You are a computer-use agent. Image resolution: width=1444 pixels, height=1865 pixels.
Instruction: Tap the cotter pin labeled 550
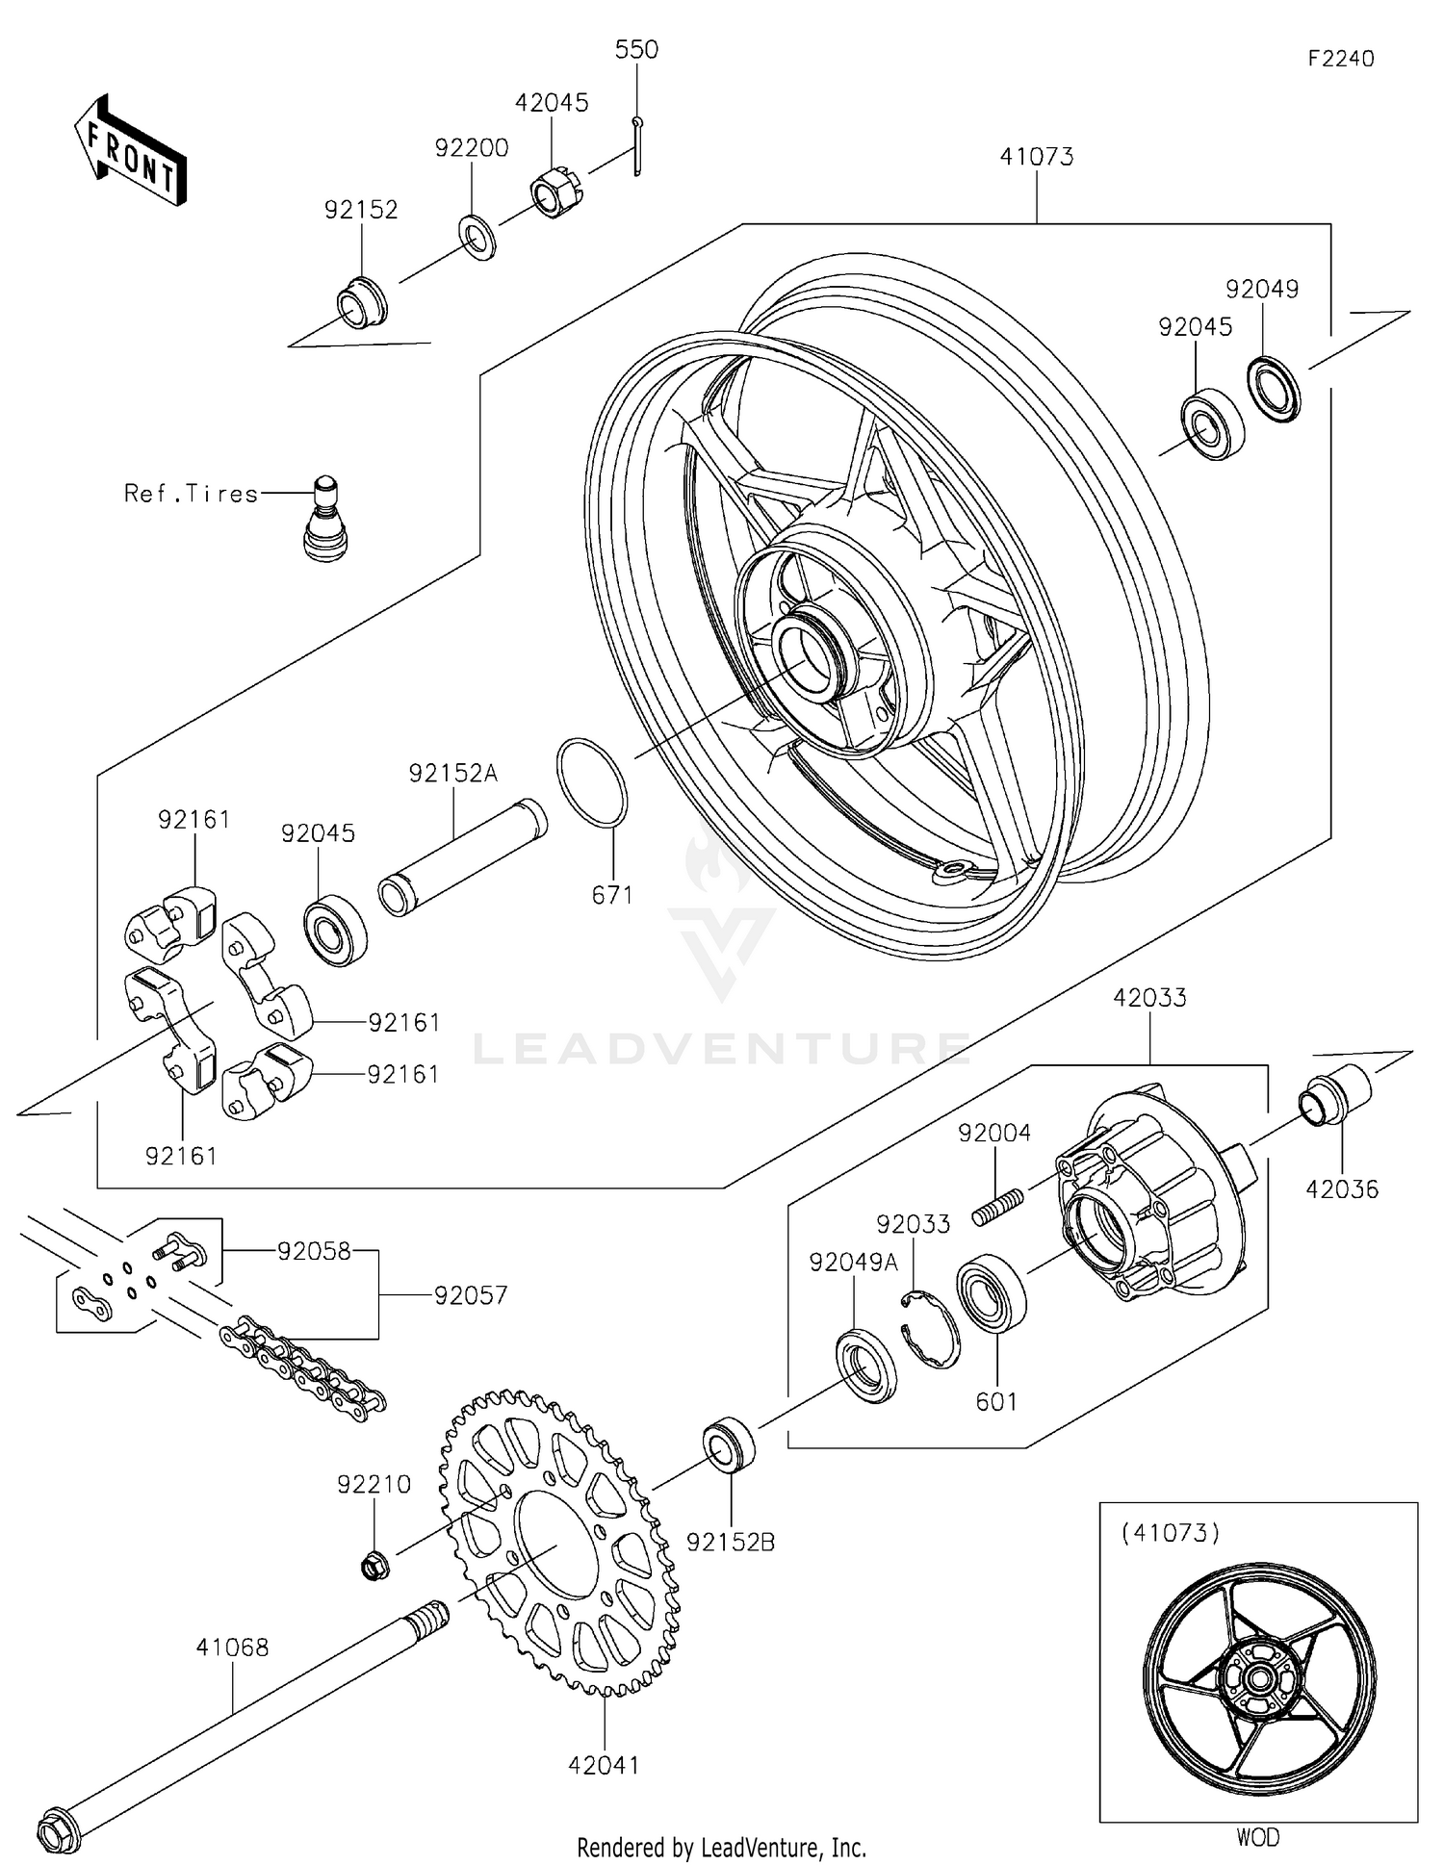pyautogui.click(x=637, y=145)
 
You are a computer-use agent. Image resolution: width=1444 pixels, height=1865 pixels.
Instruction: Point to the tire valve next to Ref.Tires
pyautogui.click(x=325, y=520)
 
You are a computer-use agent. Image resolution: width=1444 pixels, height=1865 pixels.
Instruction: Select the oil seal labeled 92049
pyautogui.click(x=1274, y=388)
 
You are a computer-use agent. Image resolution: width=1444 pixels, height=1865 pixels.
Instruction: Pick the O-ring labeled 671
pyautogui.click(x=592, y=782)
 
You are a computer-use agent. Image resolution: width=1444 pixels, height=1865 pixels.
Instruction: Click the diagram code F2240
pyautogui.click(x=1340, y=59)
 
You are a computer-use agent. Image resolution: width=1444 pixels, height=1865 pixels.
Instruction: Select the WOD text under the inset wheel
pyautogui.click(x=1257, y=1837)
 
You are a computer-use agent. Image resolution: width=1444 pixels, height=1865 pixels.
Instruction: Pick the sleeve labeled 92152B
pyautogui.click(x=729, y=1443)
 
